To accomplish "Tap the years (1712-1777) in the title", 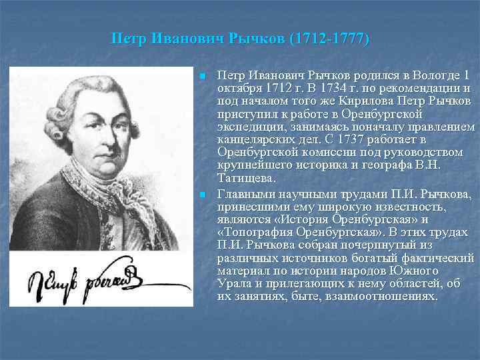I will [x=329, y=39].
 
